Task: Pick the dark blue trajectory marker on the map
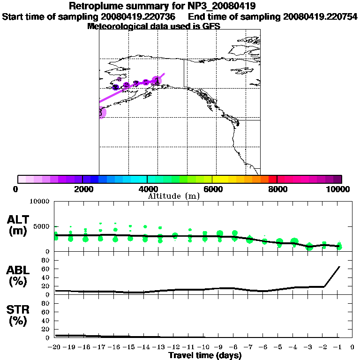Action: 116,87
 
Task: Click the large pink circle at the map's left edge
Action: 101,112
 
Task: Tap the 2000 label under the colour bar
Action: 82,189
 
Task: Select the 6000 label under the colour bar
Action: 212,189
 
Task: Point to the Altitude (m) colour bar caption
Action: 173,196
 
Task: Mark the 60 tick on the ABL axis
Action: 46,269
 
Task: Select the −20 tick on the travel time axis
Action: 55,347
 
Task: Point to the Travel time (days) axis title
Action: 205,355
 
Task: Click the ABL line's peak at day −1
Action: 339,267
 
